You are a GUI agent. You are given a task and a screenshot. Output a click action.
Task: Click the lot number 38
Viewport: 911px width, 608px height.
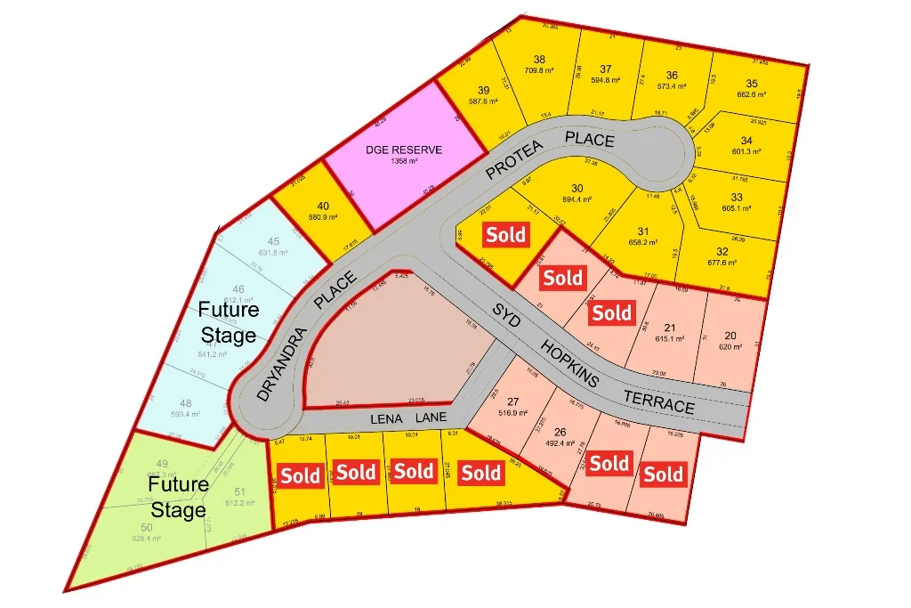coord(539,60)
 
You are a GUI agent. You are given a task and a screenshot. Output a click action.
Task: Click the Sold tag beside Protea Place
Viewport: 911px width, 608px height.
coord(506,235)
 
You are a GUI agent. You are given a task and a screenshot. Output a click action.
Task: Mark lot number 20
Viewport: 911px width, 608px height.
coord(731,335)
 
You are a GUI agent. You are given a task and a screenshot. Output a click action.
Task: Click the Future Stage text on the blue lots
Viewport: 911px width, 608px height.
coord(228,322)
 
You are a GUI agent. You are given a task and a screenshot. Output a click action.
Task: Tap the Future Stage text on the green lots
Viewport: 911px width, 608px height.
coord(178,498)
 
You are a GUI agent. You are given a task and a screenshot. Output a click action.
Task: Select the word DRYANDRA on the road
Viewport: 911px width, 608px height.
coord(277,362)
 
